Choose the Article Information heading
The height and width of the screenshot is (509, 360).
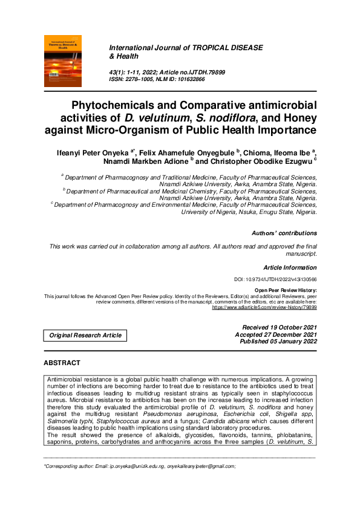coord(290,267)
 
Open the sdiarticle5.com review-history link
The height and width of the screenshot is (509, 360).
coord(264,307)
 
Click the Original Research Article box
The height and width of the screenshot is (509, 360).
coord(85,335)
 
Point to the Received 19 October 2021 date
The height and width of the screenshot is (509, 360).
coord(279,327)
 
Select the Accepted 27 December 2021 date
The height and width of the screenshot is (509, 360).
coord(277,334)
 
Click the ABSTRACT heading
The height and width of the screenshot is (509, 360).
coord(62,363)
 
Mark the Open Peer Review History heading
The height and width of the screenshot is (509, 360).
coord(286,291)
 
